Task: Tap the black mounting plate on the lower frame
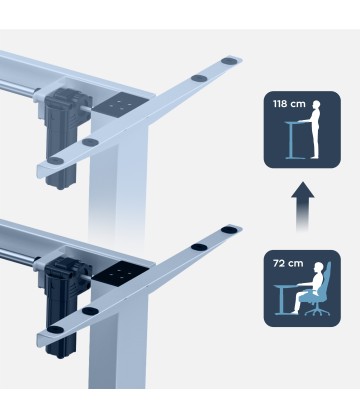(121, 271)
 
